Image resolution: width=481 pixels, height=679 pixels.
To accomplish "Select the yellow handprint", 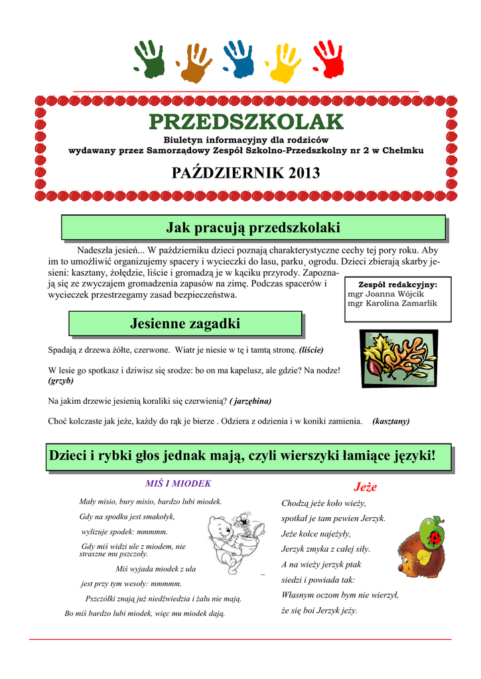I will tap(283, 61).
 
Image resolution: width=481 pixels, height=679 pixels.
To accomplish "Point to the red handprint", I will tap(328, 58).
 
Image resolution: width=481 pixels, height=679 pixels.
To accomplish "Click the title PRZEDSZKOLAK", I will tap(246, 122).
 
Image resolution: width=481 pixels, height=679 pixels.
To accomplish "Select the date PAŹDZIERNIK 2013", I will tap(246, 174).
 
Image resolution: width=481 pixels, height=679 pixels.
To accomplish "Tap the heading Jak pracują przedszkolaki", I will tap(253, 227).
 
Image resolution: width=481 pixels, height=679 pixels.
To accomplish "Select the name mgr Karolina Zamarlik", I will tap(392, 303).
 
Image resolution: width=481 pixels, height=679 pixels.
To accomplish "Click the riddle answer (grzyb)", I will tap(61, 381).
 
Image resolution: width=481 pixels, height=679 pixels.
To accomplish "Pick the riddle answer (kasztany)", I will tap(391, 421).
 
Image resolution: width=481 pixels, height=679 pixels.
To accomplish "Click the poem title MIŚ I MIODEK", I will tap(178, 483).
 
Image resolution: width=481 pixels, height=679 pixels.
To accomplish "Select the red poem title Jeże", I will tap(366, 487).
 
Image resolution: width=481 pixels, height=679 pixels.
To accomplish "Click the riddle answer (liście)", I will tap(311, 349).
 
